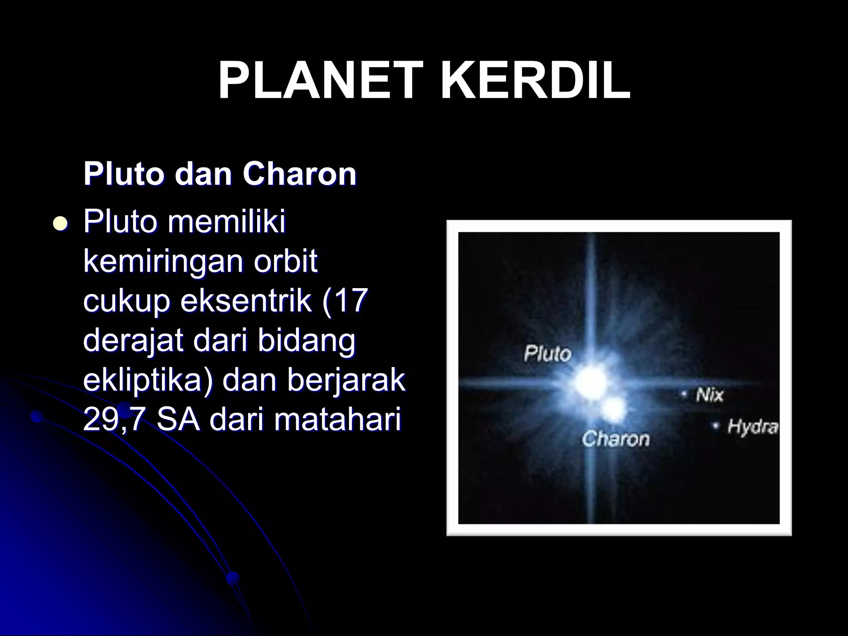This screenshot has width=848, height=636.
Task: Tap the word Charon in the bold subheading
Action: click(x=299, y=174)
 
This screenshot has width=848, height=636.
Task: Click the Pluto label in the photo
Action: click(x=547, y=354)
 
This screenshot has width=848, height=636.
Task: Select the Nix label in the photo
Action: click(x=709, y=395)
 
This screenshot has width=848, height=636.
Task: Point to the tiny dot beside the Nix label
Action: click(x=685, y=394)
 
